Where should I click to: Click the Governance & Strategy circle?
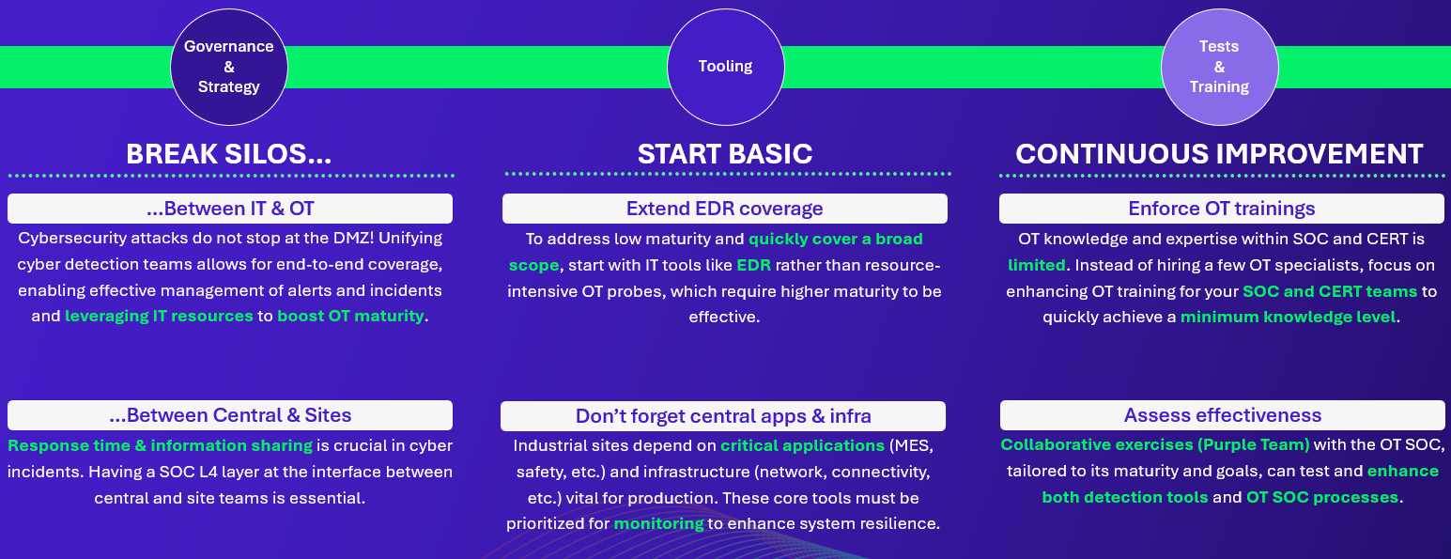click(228, 67)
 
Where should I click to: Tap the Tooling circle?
click(725, 67)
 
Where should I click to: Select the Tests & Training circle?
click(1220, 67)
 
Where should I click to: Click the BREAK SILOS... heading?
click(228, 154)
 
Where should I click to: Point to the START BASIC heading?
click(725, 154)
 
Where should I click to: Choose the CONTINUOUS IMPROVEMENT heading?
click(1219, 154)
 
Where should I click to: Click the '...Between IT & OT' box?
click(230, 209)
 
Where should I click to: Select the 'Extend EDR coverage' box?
click(725, 209)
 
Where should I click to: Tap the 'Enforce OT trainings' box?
click(1222, 209)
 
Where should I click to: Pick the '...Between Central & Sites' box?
click(230, 415)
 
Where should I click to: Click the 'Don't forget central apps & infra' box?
click(723, 416)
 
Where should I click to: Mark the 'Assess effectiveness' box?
click(1223, 415)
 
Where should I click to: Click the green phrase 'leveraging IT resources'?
click(159, 316)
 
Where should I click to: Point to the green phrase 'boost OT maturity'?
click(350, 316)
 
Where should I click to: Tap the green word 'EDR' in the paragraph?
click(753, 265)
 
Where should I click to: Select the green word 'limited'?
click(1037, 265)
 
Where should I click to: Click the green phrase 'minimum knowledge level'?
click(1288, 317)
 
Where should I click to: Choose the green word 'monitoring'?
click(658, 523)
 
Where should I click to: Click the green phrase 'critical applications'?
click(802, 445)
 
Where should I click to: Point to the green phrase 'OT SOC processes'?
click(1322, 497)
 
